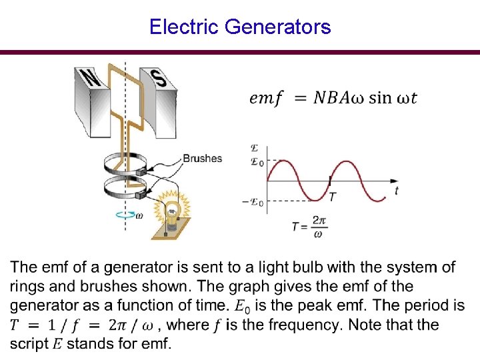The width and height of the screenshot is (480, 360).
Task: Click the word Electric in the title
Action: coord(185,27)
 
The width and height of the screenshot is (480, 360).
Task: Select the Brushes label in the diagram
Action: coord(202,159)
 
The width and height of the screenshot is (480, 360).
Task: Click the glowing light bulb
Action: coord(172,212)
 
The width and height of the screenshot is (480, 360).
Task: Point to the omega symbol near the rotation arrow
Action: coord(139,215)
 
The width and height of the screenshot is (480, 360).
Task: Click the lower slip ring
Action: coord(123,191)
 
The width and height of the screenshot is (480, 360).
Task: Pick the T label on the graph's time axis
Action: coord(332,197)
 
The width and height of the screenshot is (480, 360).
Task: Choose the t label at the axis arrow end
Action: coord(397,191)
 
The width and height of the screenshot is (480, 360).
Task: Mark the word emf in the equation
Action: coord(265,98)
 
